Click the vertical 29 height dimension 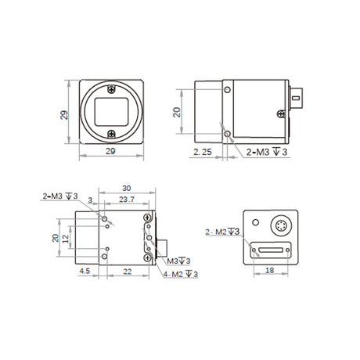[64, 115]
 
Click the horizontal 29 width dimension [110, 151]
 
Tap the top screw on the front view [111, 89]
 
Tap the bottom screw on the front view [111, 134]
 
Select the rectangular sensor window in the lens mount [111, 112]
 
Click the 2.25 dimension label [203, 152]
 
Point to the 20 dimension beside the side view [177, 112]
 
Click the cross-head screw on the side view [281, 113]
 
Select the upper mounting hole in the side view [228, 90]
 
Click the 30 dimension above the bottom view [127, 189]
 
